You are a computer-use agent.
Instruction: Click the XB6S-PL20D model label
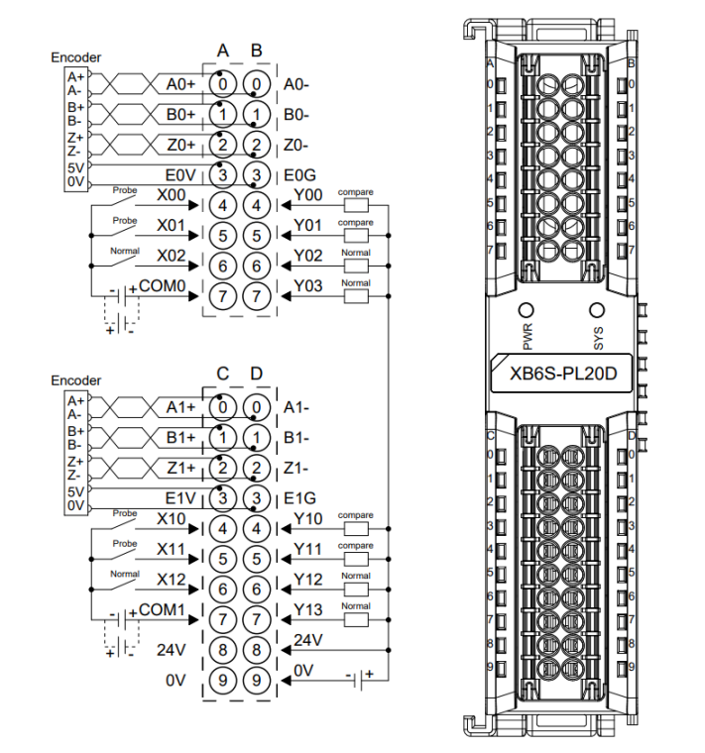point(560,375)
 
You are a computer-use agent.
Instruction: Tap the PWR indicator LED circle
point(527,308)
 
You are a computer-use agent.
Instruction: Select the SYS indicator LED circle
point(597,308)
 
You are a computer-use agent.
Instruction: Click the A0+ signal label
point(181,85)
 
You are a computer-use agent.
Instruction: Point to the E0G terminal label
point(298,175)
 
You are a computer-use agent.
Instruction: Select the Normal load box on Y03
point(355,295)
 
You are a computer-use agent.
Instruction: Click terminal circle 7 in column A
point(223,294)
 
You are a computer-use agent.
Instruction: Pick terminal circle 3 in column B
point(256,175)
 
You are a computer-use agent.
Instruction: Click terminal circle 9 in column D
point(256,681)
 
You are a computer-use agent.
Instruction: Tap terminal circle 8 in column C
point(223,651)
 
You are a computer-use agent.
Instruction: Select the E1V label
point(180,497)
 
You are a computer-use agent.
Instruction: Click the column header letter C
point(223,374)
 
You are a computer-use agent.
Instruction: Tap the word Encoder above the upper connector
point(76,57)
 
